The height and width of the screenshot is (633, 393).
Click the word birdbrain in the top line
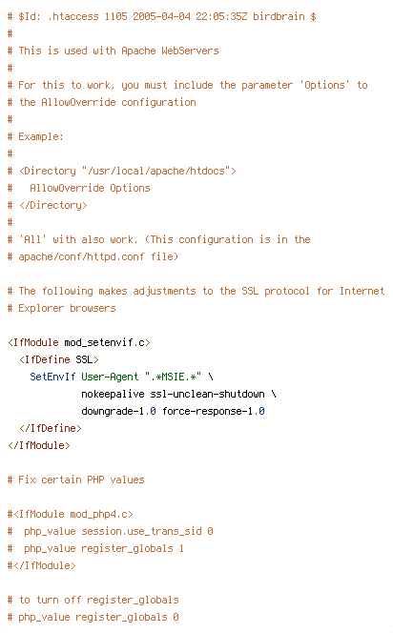pyautogui.click(x=279, y=16)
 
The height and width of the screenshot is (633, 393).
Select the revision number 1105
pyautogui.click(x=115, y=16)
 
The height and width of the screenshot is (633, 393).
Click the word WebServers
pyautogui.click(x=190, y=51)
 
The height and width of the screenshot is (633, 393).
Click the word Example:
pyautogui.click(x=41, y=137)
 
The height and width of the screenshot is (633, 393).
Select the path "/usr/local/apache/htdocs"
pyautogui.click(x=155, y=172)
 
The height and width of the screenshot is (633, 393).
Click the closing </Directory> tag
pyautogui.click(x=52, y=206)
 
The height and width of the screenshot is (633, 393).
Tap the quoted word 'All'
pyautogui.click(x=32, y=240)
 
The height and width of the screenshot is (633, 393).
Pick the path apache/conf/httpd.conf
pyautogui.click(x=81, y=256)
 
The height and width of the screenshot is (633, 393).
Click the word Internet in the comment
pyautogui.click(x=362, y=291)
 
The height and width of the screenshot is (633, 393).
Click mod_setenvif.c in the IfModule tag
pyautogui.click(x=104, y=343)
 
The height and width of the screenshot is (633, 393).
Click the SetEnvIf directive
pyautogui.click(x=52, y=378)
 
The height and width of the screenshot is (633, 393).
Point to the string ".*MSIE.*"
pyautogui.click(x=173, y=378)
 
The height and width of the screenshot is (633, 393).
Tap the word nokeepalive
pyautogui.click(x=113, y=394)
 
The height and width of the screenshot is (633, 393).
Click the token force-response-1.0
pyautogui.click(x=214, y=412)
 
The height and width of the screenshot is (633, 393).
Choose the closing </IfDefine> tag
pyautogui.click(x=51, y=428)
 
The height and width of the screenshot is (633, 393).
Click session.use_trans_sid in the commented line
pyautogui.click(x=141, y=531)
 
